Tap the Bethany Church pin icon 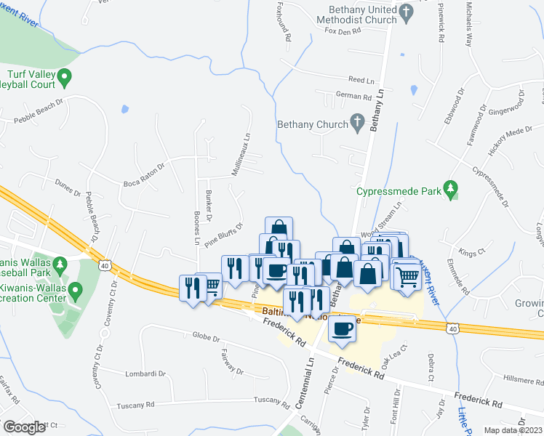tap(357, 124)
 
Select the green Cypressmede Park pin tap(452, 190)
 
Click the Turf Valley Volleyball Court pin tap(64, 76)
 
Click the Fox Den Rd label tap(343, 31)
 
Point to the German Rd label tap(353, 96)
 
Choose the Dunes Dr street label tap(67, 190)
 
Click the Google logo tap(24, 427)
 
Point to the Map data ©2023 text tap(513, 430)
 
